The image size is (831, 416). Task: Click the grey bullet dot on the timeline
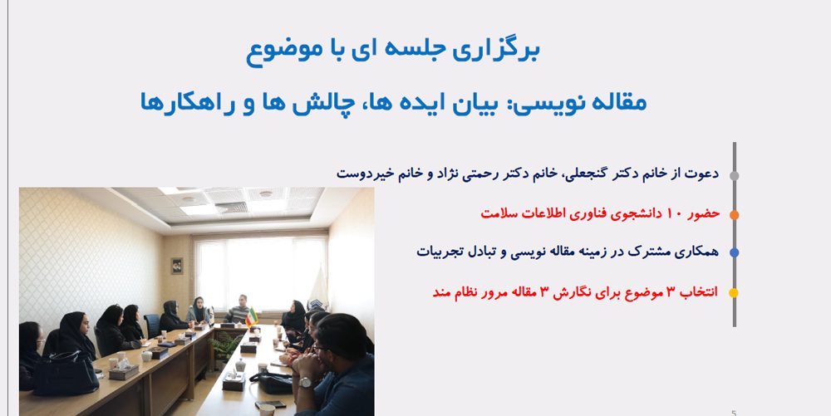pyautogui.click(x=734, y=176)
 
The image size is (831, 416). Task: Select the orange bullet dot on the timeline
pyautogui.click(x=734, y=215)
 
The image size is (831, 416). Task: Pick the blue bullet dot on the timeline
pyautogui.click(x=734, y=253)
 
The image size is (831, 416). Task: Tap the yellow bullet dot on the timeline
pyautogui.click(x=734, y=292)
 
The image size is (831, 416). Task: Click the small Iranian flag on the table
pyautogui.click(x=251, y=316)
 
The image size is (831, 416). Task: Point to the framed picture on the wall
pyautogui.click(x=176, y=266)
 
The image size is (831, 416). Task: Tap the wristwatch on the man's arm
pyautogui.click(x=305, y=382)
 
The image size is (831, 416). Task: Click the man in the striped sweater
pyautogui.click(x=238, y=310)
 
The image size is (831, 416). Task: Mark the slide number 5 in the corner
pyautogui.click(x=734, y=413)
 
